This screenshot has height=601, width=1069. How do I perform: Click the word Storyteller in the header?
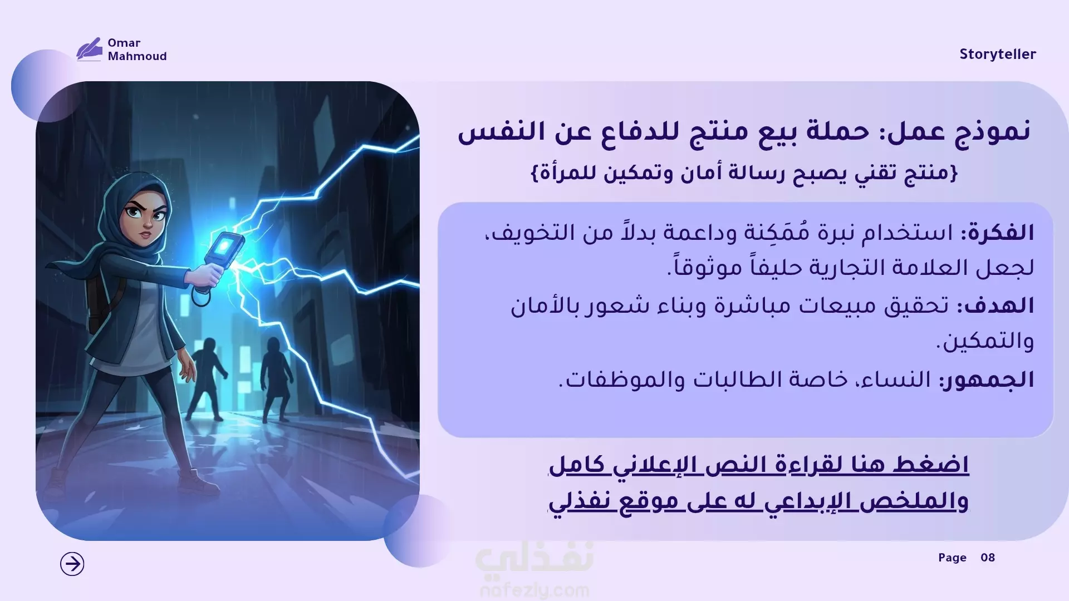[997, 55]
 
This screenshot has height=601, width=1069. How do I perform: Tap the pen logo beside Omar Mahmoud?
[89, 49]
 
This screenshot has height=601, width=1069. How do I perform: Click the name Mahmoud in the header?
[137, 56]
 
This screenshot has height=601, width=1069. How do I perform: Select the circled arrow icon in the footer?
[72, 564]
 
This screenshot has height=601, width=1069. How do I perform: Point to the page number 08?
[988, 558]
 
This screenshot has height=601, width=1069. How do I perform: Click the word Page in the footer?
[952, 558]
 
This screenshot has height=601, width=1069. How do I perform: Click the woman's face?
[145, 220]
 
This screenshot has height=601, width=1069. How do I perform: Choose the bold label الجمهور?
[987, 380]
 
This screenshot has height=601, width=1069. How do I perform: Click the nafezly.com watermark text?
[534, 590]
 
